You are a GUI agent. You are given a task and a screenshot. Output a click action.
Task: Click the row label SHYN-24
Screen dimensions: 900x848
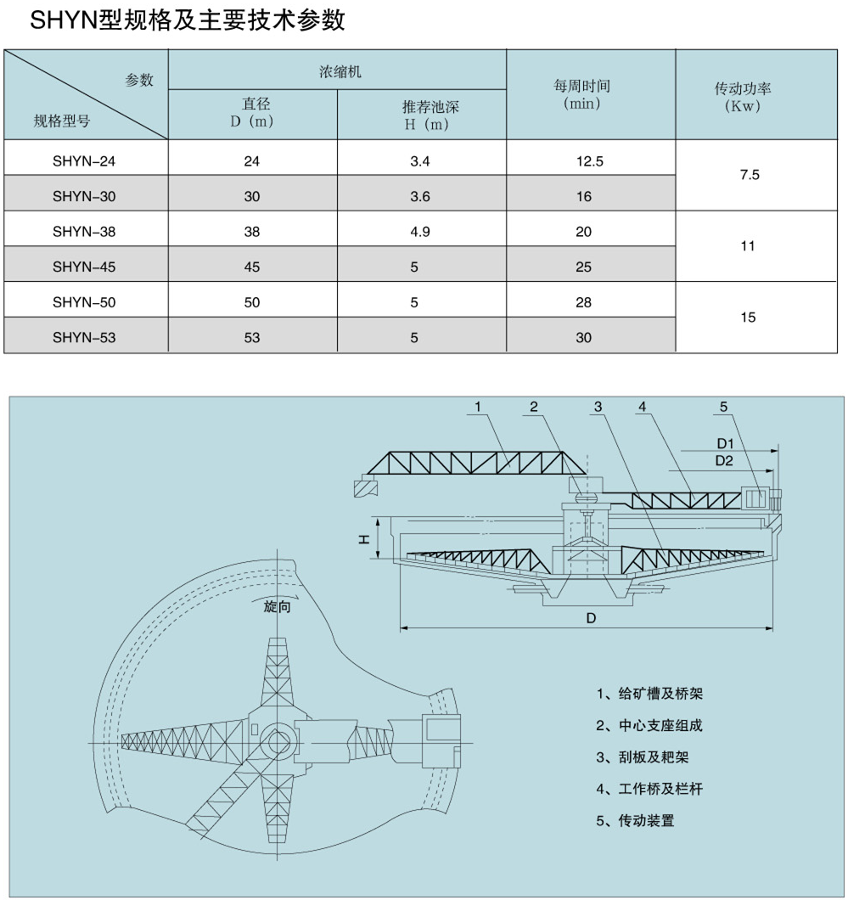pos(83,161)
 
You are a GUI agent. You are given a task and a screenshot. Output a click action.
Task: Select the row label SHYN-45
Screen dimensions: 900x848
pos(83,267)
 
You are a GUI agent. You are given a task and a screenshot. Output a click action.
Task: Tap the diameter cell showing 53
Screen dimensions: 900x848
pos(251,337)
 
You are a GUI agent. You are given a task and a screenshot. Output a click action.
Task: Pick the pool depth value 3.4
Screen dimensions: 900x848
pos(420,161)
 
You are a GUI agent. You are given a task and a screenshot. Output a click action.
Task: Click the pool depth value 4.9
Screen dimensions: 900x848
pos(420,232)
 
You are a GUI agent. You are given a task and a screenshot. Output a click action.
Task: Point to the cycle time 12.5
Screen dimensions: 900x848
pos(589,161)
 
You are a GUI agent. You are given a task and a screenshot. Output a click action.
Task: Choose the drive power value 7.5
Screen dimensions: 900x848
pos(749,176)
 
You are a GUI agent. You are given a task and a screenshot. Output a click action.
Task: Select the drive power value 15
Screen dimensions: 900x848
pos(748,318)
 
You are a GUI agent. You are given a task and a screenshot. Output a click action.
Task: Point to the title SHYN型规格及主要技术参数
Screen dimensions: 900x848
pos(188,20)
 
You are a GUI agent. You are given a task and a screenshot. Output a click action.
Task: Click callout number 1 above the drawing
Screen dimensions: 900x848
pos(478,408)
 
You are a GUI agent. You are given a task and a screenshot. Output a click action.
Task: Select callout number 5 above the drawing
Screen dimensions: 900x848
pos(723,408)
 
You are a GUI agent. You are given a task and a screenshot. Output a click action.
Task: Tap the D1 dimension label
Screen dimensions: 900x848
pos(724,443)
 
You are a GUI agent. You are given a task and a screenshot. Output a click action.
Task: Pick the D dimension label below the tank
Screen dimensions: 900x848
pos(590,619)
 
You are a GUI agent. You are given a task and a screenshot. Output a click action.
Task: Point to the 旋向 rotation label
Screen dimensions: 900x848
pos(277,608)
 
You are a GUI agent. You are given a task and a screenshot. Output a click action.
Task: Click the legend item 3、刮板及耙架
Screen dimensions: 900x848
pos(649,757)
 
